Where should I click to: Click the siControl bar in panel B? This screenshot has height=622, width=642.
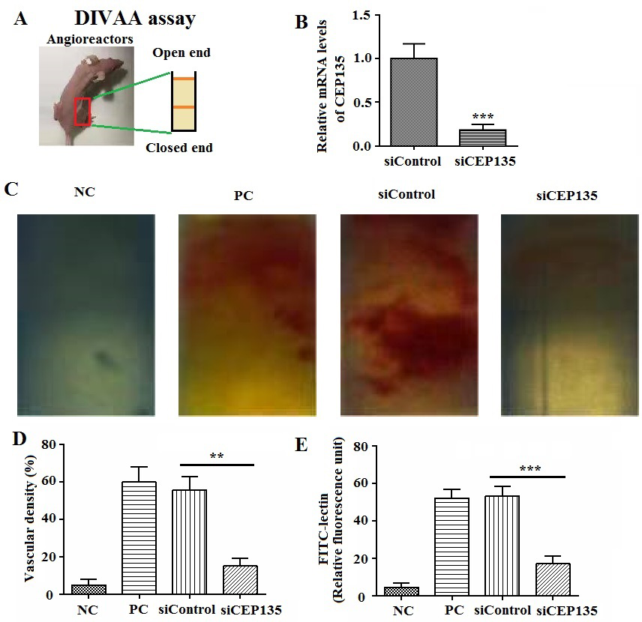(413, 102)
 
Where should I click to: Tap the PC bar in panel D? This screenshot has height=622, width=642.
(139, 538)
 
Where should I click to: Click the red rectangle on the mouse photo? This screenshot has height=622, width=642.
(82, 112)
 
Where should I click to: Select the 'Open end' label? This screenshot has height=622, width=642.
(181, 53)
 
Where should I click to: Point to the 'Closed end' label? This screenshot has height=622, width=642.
(179, 148)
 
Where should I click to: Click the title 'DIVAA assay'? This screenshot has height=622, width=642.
(135, 19)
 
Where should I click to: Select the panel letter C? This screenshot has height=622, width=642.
(12, 188)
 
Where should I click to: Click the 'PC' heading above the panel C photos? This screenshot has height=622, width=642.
(242, 196)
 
